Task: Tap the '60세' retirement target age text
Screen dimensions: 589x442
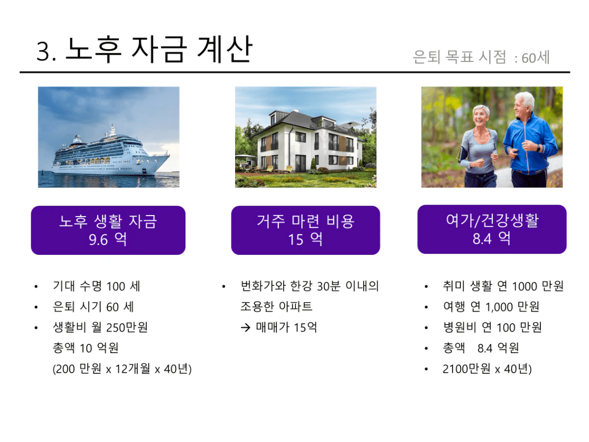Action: click(536, 58)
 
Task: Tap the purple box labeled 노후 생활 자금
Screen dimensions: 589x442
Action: click(108, 230)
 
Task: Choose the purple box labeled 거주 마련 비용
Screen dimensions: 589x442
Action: click(305, 230)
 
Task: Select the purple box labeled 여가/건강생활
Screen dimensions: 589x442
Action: click(492, 229)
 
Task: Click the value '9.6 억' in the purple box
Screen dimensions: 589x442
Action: click(108, 239)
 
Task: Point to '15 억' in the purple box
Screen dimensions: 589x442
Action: click(305, 239)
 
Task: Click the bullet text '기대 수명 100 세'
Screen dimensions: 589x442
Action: click(97, 286)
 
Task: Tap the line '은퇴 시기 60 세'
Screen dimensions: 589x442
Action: click(93, 307)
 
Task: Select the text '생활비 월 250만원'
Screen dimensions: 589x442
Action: click(100, 327)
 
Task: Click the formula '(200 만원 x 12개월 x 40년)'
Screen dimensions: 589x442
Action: click(122, 369)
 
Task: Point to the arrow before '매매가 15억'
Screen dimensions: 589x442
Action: click(245, 328)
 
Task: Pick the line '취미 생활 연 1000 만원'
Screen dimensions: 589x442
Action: click(503, 286)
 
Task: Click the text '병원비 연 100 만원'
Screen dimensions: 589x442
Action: click(492, 327)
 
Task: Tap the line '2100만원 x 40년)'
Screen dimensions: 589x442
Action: click(487, 369)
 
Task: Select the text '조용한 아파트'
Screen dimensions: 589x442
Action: click(276, 307)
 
